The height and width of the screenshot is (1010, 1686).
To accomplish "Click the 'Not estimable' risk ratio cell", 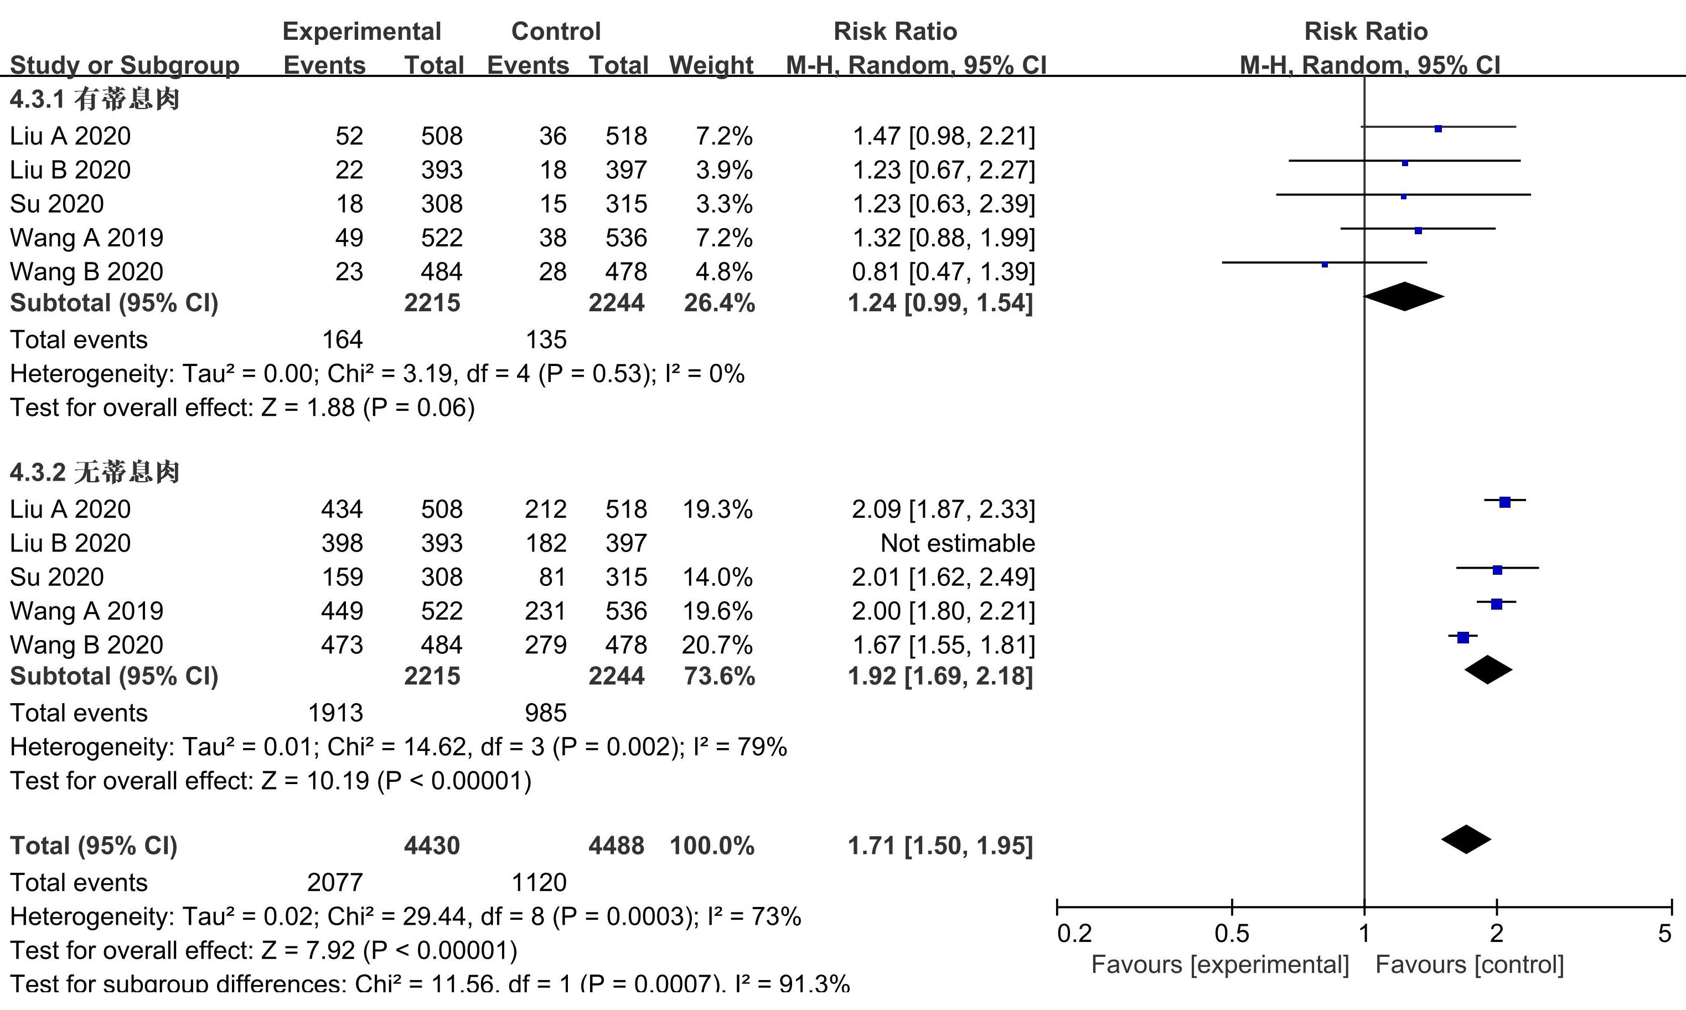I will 957,543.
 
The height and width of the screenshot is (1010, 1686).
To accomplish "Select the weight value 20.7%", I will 717,645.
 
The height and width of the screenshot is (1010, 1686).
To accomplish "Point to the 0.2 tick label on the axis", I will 1074,933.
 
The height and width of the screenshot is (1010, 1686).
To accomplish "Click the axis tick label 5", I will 1663,933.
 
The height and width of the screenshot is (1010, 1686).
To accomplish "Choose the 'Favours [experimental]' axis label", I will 1219,965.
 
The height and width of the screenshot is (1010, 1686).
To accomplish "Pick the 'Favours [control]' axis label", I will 1469,965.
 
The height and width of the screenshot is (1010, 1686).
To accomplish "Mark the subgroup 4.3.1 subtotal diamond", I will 1404,297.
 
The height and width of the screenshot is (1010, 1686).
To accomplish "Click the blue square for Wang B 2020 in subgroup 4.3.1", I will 1324,264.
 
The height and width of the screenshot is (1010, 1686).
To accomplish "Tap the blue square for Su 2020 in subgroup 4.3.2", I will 1497,570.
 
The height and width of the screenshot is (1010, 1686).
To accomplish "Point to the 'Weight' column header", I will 711,65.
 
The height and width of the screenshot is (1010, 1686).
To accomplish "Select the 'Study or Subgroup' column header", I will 125,65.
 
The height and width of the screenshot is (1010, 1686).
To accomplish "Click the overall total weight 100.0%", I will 711,846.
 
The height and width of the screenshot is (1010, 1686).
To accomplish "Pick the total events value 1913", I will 335,713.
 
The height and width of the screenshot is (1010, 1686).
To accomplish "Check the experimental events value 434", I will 342,509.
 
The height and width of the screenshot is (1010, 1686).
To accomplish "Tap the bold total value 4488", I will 616,846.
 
